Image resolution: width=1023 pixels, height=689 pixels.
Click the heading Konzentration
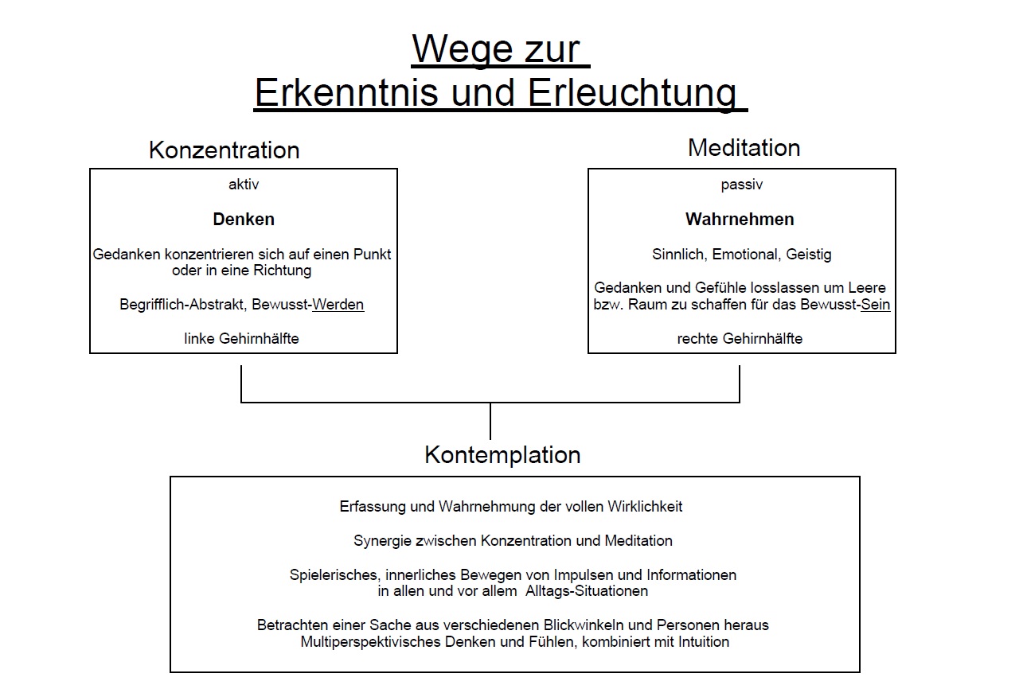pos(224,150)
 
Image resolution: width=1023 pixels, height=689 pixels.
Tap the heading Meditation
pos(744,148)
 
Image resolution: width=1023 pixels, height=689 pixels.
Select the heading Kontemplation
pos(502,455)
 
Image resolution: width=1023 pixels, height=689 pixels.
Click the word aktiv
pos(244,185)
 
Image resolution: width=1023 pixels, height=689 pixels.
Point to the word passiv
pos(742,185)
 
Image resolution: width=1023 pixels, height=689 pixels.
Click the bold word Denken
pos(244,220)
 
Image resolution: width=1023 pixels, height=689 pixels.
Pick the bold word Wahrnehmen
pos(740,220)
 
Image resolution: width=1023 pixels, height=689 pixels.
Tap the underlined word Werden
pos(338,305)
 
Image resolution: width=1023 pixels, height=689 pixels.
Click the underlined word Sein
pos(876,305)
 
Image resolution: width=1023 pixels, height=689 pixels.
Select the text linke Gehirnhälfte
pos(241,339)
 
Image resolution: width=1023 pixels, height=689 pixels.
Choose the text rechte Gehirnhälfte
pos(740,339)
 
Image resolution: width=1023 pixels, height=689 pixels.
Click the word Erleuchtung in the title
pos(632,93)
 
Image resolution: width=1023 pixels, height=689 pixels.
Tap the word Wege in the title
pos(462,49)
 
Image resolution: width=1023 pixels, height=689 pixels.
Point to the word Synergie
pos(382,541)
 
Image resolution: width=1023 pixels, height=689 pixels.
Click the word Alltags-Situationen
pos(587,591)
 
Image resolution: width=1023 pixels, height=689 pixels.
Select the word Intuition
pos(704,642)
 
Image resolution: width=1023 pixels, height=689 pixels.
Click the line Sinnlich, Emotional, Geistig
pos(742,255)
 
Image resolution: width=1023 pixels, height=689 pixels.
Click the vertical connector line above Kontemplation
pos(490,421)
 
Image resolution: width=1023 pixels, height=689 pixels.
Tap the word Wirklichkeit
pos(645,507)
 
